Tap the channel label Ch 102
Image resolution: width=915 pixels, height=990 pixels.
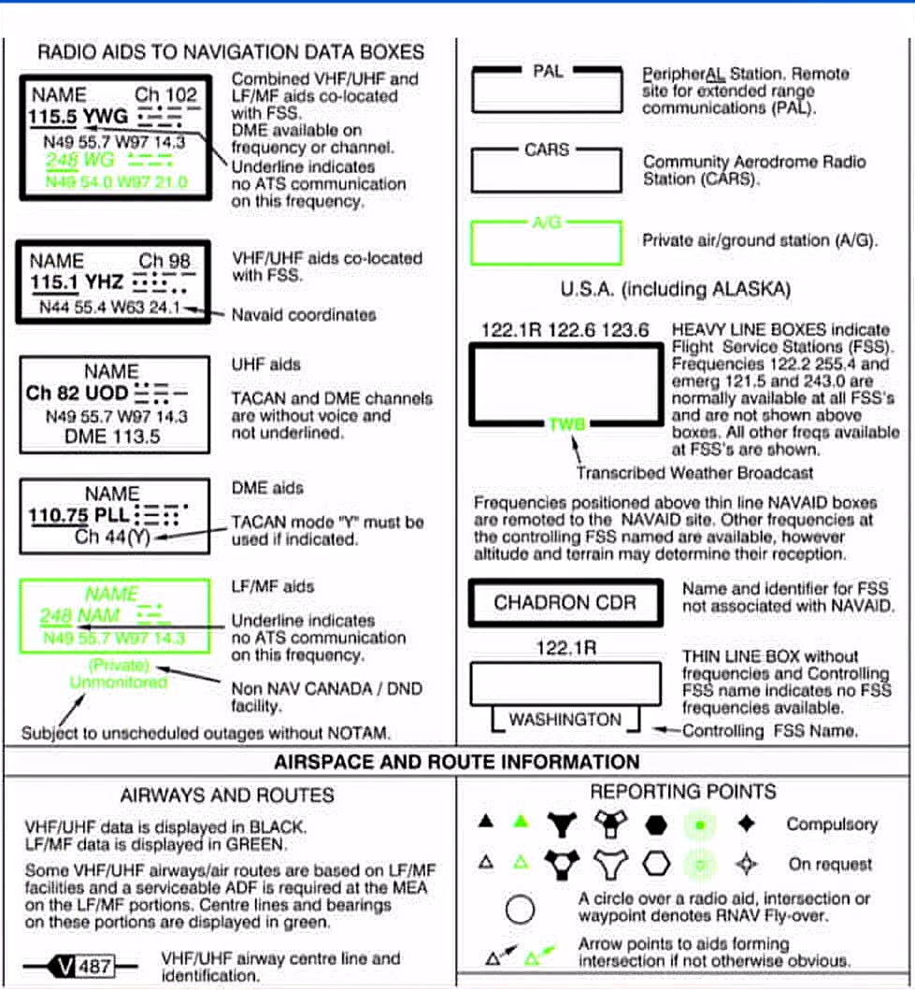click(166, 94)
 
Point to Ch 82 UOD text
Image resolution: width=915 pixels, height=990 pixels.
click(76, 394)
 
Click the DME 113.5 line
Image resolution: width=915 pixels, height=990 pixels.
click(112, 436)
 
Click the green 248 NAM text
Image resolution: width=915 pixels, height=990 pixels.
click(79, 617)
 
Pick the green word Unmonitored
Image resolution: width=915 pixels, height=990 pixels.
click(119, 682)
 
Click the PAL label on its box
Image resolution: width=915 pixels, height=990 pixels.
click(548, 71)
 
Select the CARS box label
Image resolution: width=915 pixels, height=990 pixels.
click(547, 150)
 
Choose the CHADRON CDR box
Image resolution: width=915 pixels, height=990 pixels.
click(565, 603)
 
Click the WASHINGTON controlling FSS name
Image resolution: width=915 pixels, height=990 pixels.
click(565, 720)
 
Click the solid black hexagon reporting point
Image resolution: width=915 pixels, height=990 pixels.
click(657, 824)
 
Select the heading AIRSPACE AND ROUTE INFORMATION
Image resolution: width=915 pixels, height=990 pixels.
click(457, 762)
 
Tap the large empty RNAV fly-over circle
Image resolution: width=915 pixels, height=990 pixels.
click(520, 909)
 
